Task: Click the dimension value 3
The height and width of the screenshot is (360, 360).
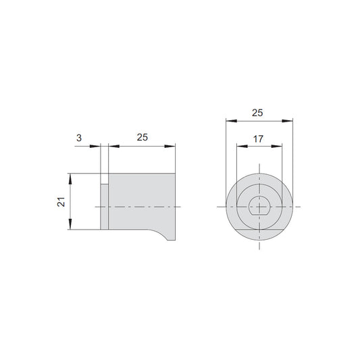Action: click(79, 138)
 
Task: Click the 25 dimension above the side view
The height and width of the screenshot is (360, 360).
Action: click(143, 137)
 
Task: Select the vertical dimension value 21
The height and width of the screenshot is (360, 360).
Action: click(61, 202)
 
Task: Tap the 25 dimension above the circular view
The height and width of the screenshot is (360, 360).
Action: click(257, 113)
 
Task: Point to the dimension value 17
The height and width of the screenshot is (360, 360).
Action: click(258, 139)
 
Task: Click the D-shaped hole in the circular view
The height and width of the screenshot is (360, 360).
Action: click(259, 206)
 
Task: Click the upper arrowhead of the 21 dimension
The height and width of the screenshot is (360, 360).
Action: click(70, 179)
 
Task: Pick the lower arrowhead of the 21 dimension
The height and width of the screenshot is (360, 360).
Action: click(70, 224)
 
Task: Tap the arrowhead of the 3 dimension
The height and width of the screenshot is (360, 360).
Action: click(95, 147)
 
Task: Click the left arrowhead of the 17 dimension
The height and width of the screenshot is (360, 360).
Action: click(242, 147)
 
